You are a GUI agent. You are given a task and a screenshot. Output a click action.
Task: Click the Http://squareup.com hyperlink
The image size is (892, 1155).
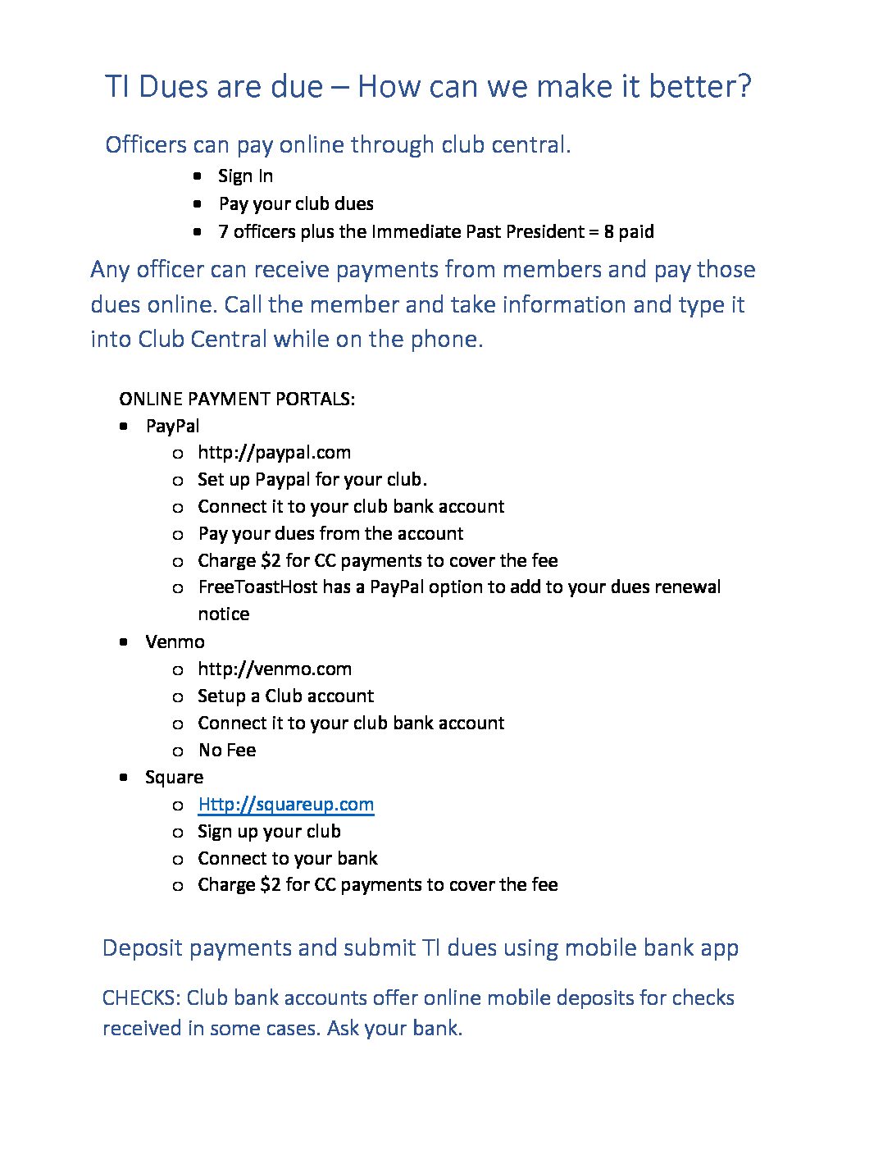[x=285, y=805]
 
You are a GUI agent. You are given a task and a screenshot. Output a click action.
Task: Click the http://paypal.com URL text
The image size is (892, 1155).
[x=274, y=453]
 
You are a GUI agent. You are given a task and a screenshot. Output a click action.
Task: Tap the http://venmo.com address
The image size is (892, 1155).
[x=274, y=669]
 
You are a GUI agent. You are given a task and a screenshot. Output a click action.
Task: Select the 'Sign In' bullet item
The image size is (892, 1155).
[x=245, y=176]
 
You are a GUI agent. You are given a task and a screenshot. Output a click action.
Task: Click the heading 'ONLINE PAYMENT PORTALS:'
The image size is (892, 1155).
[x=237, y=399]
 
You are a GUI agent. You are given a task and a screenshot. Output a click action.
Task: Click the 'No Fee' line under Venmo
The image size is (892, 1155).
[x=227, y=751]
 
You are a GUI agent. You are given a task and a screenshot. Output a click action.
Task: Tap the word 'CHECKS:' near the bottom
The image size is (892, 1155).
[x=141, y=998]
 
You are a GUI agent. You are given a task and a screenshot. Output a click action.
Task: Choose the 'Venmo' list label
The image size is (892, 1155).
[x=175, y=642]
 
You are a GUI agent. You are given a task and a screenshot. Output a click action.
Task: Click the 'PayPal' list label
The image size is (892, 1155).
[x=172, y=427]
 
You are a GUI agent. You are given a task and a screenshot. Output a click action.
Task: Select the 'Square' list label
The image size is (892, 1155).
[x=174, y=778]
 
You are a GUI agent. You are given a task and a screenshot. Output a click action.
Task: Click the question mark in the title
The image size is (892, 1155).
[x=744, y=87]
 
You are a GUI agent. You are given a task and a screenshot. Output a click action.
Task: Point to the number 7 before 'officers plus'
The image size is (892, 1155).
[x=223, y=232]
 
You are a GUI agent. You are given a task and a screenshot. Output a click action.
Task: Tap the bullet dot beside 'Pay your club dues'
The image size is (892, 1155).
[x=198, y=203]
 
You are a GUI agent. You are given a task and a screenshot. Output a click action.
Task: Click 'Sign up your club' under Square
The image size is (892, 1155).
[x=269, y=832]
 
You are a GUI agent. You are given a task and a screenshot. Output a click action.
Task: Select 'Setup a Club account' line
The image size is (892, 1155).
[x=285, y=696]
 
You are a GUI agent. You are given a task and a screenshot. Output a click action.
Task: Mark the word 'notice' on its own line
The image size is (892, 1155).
[x=223, y=614]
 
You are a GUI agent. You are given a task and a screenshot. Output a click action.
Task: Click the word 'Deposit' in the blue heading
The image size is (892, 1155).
[x=142, y=948]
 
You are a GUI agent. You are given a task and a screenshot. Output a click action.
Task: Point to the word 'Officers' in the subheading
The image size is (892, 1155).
[x=146, y=145]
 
